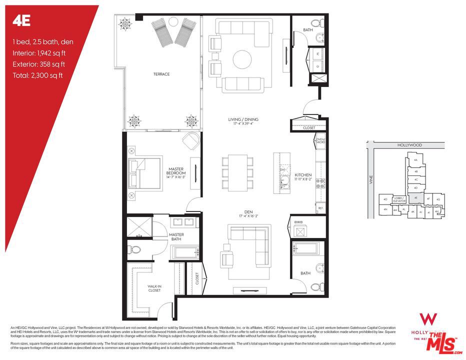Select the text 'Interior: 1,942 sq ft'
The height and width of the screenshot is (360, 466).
pyautogui.click(x=39, y=52)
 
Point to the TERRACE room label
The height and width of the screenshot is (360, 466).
pyautogui.click(x=161, y=74)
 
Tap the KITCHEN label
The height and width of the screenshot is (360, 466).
pyautogui.click(x=303, y=176)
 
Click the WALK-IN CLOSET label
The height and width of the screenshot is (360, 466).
pyautogui.click(x=154, y=288)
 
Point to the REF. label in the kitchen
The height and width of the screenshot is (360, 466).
pyautogui.click(x=320, y=208)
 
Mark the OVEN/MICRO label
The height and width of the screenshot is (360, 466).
pyautogui.click(x=320, y=141)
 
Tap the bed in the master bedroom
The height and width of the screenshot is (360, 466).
pyautogui.click(x=146, y=172)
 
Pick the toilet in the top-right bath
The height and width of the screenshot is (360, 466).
pyautogui.click(x=315, y=24)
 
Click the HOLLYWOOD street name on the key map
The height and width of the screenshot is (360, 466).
pyautogui.click(x=409, y=145)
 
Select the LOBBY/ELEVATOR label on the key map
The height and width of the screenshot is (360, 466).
pyautogui.click(x=398, y=200)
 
